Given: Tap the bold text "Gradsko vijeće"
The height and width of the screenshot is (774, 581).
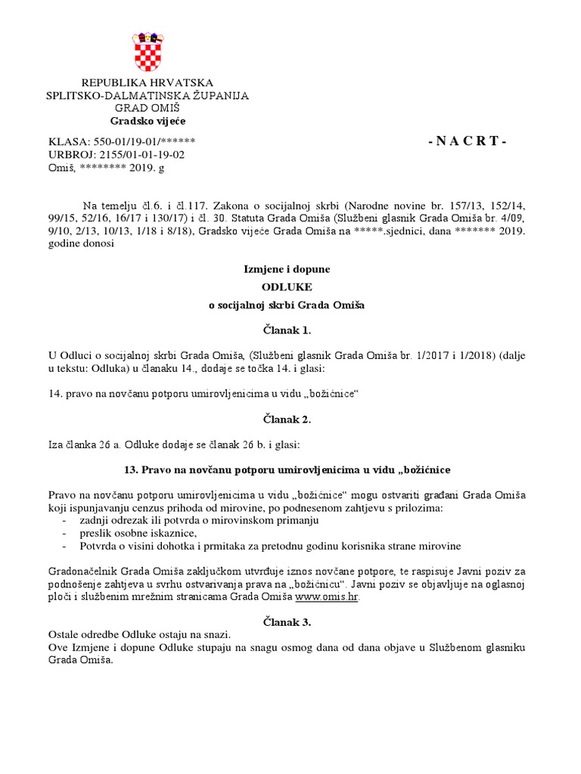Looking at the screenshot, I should click(x=148, y=121).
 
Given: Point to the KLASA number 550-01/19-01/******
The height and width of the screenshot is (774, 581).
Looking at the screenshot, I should click(x=144, y=141).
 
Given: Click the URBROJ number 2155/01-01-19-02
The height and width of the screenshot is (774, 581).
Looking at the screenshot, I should click(x=142, y=154).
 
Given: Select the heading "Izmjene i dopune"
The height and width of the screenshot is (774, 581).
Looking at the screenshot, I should click(x=290, y=268).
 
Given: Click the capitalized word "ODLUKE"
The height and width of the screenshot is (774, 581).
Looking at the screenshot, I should click(x=290, y=286).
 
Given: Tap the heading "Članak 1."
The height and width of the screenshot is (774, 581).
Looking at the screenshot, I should click(x=290, y=330).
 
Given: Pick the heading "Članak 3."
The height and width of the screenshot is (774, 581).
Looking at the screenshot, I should click(x=290, y=622).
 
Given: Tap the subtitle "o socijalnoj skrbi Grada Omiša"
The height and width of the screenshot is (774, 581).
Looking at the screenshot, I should click(x=290, y=305).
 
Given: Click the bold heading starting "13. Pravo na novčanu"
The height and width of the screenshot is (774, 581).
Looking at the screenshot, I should click(x=290, y=469).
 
